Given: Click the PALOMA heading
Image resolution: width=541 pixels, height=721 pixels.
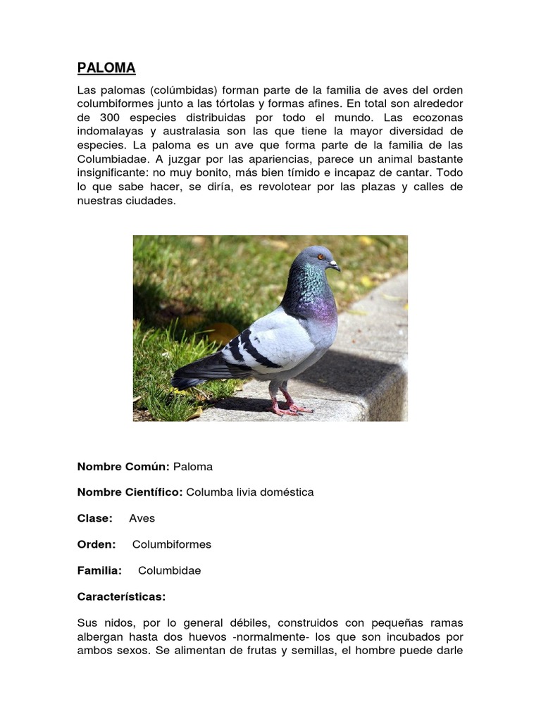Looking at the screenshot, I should [x=106, y=68].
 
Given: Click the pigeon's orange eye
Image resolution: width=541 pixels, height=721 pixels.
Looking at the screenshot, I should [x=321, y=257].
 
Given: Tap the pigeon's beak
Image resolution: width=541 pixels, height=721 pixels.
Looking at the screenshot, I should [x=335, y=266].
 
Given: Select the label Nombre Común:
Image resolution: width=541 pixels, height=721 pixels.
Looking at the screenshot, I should [x=123, y=466].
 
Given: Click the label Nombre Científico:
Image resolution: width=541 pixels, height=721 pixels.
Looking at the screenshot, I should [x=130, y=492].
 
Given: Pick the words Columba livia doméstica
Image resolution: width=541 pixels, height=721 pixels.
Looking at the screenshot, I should [x=249, y=492].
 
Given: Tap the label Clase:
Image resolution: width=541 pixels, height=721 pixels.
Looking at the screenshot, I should [x=94, y=518].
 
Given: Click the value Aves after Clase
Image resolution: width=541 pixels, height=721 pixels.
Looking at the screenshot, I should [x=142, y=518].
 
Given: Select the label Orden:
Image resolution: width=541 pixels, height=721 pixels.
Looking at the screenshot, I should [x=97, y=544].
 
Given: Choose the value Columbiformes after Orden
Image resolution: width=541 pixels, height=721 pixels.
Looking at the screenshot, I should [x=172, y=544].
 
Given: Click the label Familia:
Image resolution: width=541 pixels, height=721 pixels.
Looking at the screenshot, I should [x=99, y=570].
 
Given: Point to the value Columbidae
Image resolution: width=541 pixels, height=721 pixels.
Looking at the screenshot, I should [x=169, y=570].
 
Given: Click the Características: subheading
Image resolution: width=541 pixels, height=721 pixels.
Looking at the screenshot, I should [x=121, y=596].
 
